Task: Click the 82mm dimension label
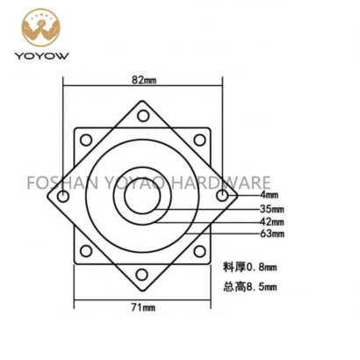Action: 144,80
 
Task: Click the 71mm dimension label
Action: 143,307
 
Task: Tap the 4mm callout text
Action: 270,195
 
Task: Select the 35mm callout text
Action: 272,209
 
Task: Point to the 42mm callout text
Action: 272,221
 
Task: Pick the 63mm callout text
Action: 272,234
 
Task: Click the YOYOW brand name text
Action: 42,55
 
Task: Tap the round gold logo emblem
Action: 40,27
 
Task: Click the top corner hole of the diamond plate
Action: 143,116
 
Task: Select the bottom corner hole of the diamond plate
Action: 141,275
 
